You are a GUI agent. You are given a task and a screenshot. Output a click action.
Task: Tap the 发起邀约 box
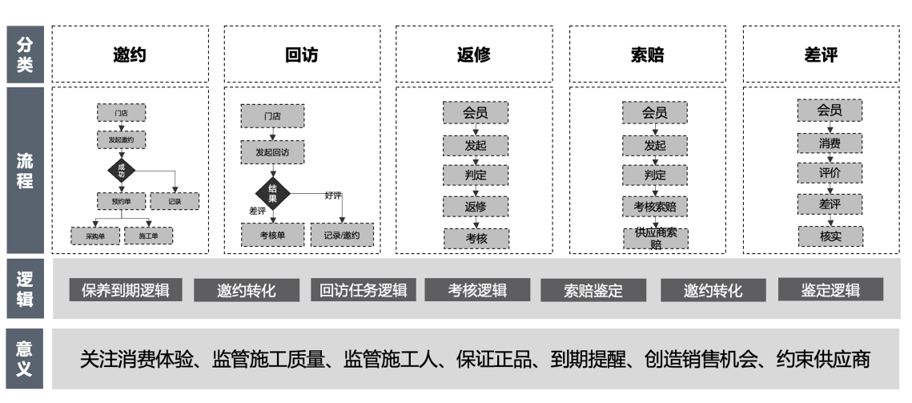(121, 139)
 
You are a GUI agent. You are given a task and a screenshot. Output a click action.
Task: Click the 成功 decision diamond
(122, 170)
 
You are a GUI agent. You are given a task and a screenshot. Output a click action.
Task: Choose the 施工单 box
(148, 236)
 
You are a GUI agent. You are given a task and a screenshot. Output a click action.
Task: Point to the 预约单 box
(121, 201)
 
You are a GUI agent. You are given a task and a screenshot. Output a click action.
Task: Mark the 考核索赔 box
(655, 206)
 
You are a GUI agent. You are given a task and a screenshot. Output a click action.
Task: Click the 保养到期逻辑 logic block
(125, 290)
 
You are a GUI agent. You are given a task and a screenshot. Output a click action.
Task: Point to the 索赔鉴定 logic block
(593, 290)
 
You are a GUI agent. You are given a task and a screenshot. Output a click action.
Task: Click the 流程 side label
(26, 170)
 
